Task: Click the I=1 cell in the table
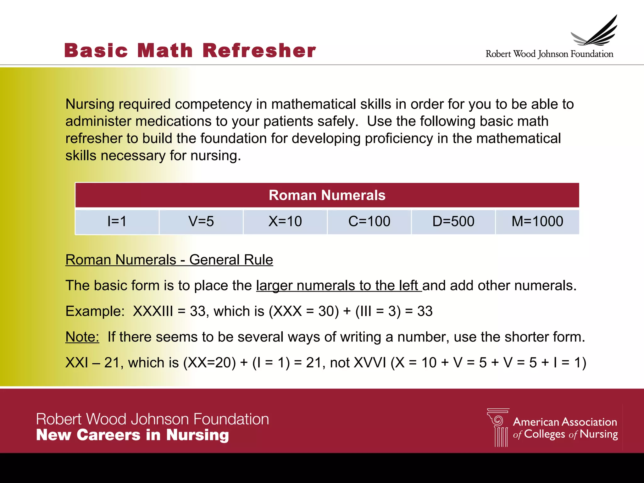point(117,221)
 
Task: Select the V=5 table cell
point(201,221)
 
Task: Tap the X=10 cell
point(285,221)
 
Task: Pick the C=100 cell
point(369,221)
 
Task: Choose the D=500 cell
point(453,221)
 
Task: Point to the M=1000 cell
point(537,221)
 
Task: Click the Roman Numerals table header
point(327,195)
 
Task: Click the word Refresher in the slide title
point(259,51)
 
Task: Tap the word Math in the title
point(165,51)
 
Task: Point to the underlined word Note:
point(82,337)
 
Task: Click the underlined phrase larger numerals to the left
point(338,286)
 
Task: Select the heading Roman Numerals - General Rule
point(169,260)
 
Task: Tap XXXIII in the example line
point(153,311)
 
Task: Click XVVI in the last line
point(370,363)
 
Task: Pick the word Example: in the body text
point(95,311)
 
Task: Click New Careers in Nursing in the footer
point(132,435)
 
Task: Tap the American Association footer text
point(565,422)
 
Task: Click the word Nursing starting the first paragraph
point(90,104)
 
